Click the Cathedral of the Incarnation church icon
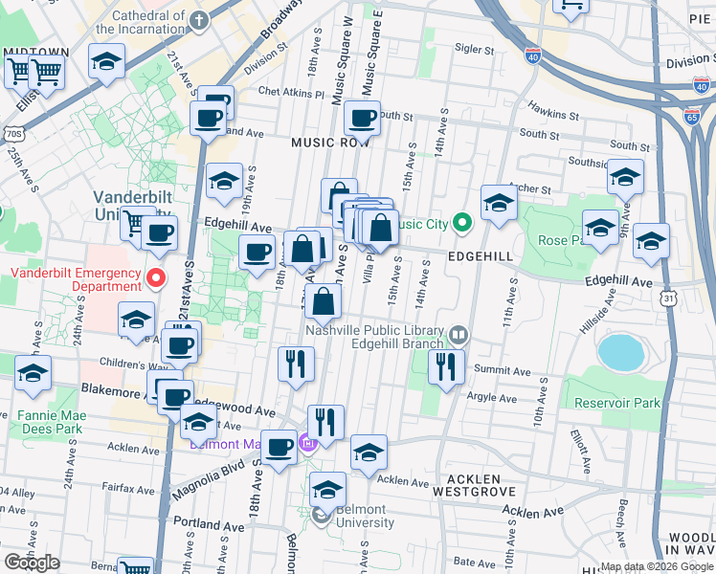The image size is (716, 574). point(198,20)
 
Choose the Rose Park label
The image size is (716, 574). point(560,240)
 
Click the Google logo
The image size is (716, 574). point(32,562)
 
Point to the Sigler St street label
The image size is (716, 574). point(474,48)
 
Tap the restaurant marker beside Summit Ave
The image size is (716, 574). point(446,365)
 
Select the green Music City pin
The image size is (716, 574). point(462,225)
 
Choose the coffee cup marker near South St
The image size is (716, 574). point(362,120)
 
